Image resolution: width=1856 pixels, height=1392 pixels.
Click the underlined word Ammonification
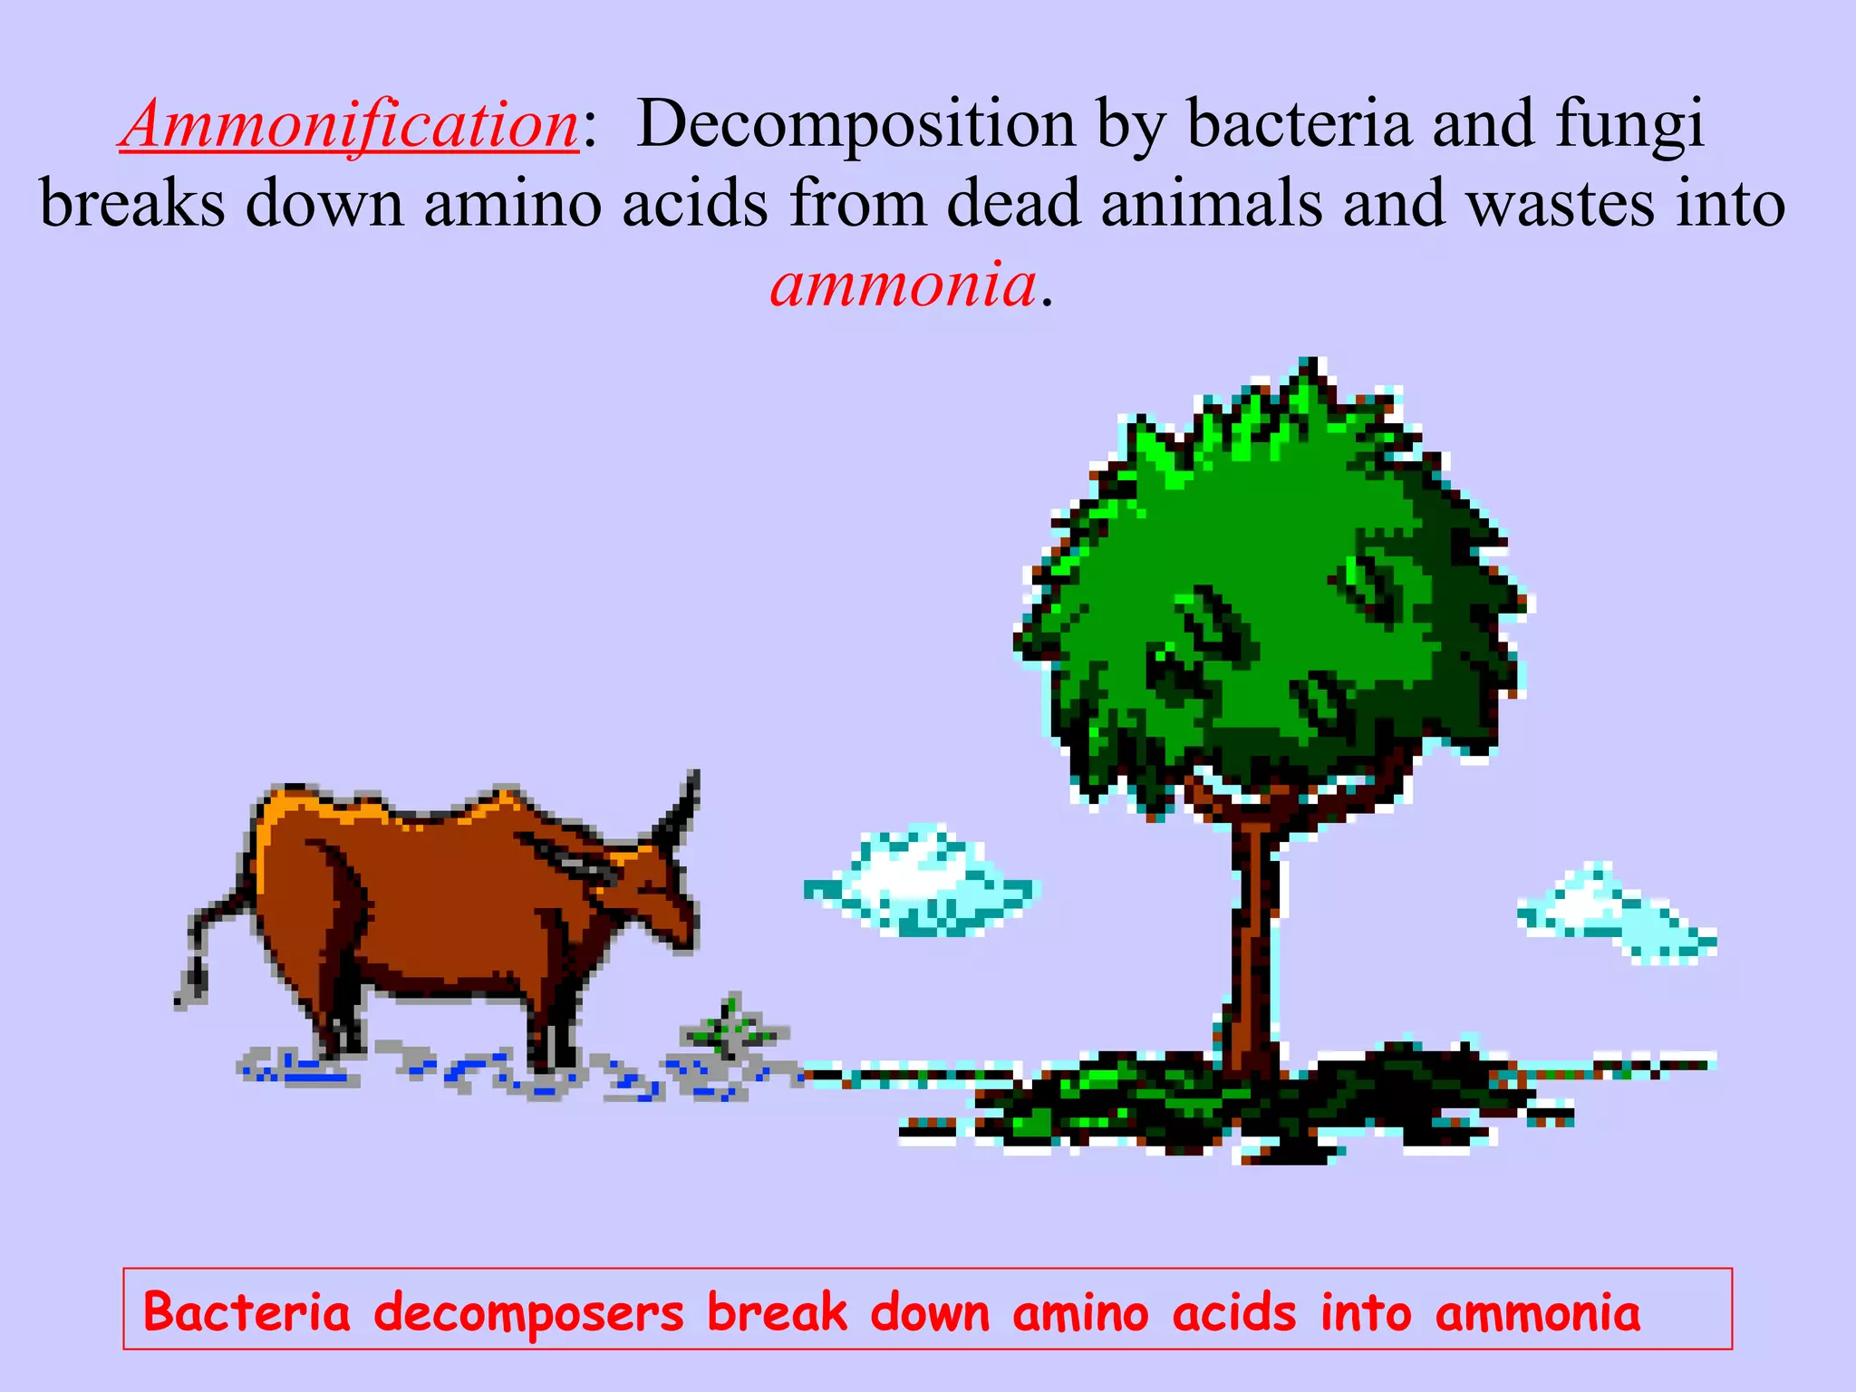pyautogui.click(x=349, y=125)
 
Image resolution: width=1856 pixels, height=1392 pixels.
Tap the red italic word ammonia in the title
pyautogui.click(x=903, y=285)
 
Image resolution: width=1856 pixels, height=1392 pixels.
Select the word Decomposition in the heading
pyautogui.click(x=855, y=125)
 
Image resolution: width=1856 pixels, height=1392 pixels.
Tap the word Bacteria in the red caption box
pyautogui.click(x=246, y=1313)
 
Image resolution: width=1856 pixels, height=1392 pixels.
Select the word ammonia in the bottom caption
pyautogui.click(x=1537, y=1313)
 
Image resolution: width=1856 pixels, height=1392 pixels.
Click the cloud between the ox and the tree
pyautogui.click(x=920, y=884)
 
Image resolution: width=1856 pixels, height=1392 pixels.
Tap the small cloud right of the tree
pyautogui.click(x=1613, y=915)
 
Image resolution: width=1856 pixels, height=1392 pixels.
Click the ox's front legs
pyautogui.click(x=553, y=1024)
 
